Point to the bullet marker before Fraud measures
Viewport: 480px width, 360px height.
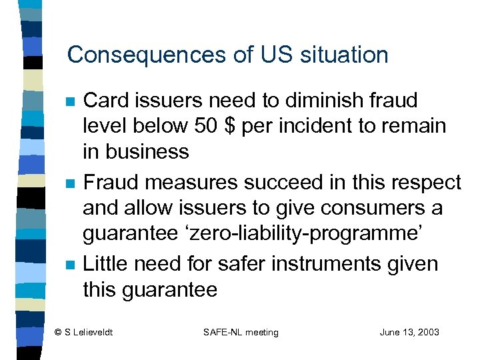point(69,183)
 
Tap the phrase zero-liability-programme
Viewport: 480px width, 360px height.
point(315,234)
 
